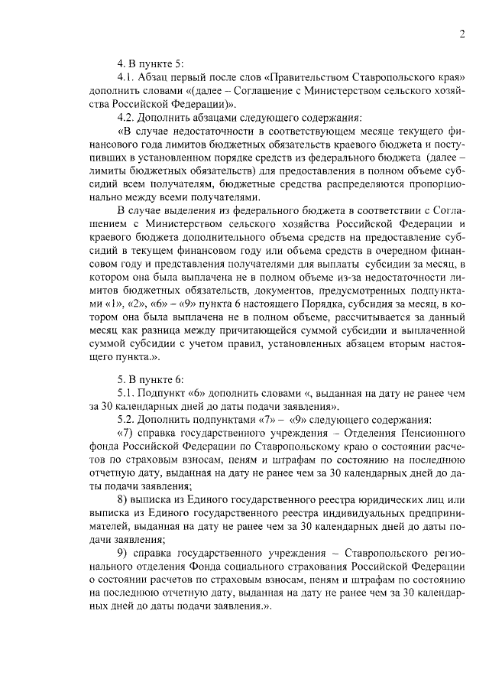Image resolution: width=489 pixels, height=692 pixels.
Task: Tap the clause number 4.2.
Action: pos(125,118)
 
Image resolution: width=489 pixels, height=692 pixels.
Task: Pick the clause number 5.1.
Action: pos(125,393)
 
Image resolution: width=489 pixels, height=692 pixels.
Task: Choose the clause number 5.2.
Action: pos(125,420)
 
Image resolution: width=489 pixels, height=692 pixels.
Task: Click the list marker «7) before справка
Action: pos(125,434)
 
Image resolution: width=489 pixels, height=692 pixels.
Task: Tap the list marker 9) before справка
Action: pos(122,551)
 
